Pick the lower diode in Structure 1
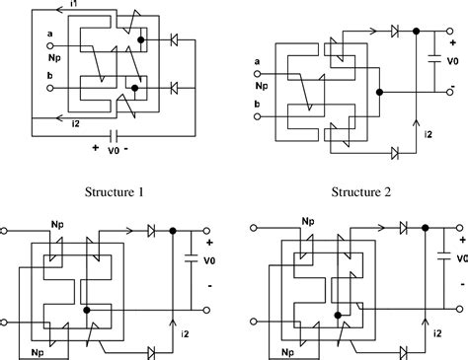(x=175, y=88)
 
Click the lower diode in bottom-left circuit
(x=151, y=350)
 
